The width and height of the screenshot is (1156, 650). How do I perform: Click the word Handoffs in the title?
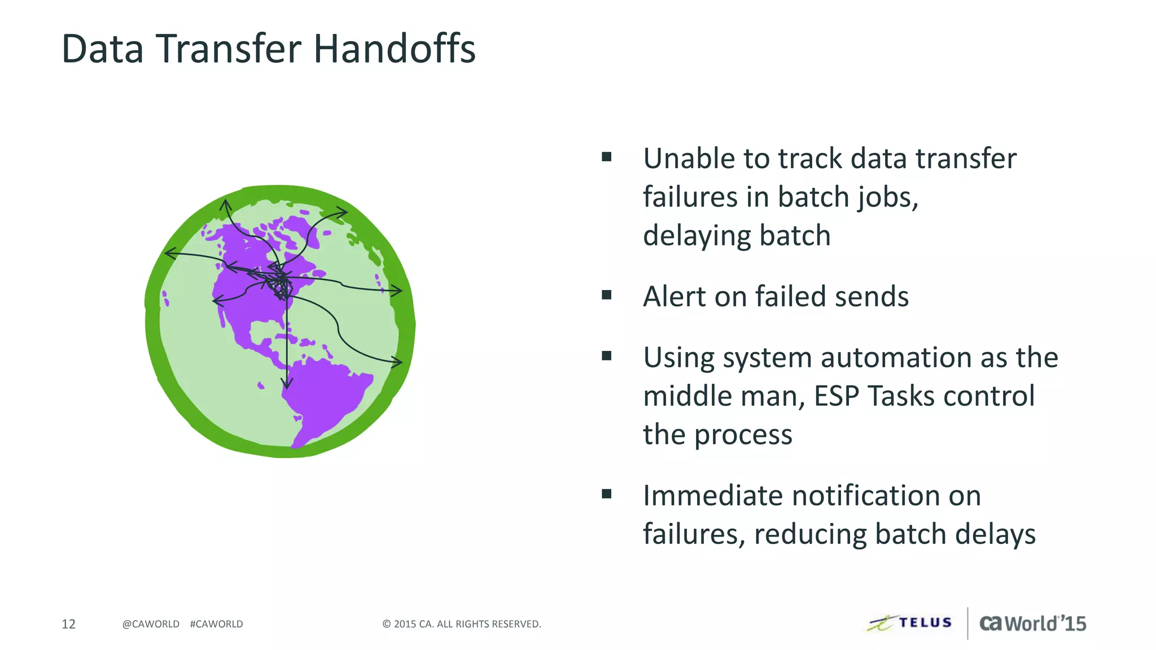(394, 49)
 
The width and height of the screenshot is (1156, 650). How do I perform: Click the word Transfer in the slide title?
(228, 49)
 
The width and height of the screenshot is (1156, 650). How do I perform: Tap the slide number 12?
(68, 624)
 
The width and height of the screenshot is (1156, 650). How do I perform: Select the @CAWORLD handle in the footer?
(151, 624)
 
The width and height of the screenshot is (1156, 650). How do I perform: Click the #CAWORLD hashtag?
(216, 624)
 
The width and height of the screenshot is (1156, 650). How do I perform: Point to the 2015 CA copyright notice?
(462, 624)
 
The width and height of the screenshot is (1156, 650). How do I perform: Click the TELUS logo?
(910, 623)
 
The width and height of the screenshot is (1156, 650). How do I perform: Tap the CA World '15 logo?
(1032, 623)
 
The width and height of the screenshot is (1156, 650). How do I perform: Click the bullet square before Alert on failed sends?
(607, 295)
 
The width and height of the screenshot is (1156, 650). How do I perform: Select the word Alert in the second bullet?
(674, 297)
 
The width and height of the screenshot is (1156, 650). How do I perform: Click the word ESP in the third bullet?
(837, 396)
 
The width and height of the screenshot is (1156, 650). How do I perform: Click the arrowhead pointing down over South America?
(287, 384)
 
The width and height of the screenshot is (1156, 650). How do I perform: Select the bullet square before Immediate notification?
(607, 494)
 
